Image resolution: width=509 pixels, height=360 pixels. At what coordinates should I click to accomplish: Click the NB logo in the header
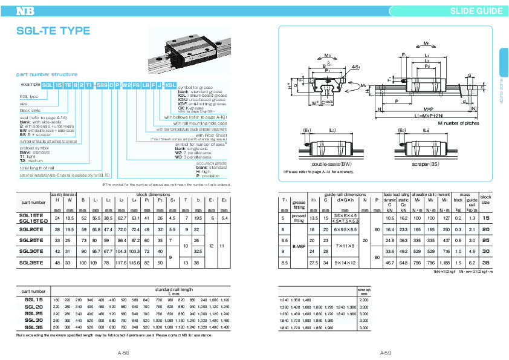(25, 10)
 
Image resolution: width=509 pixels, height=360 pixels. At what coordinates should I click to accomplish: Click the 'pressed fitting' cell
(298, 220)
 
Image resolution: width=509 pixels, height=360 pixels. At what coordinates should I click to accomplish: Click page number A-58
(124, 352)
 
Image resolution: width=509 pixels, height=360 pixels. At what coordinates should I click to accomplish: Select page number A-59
(385, 352)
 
